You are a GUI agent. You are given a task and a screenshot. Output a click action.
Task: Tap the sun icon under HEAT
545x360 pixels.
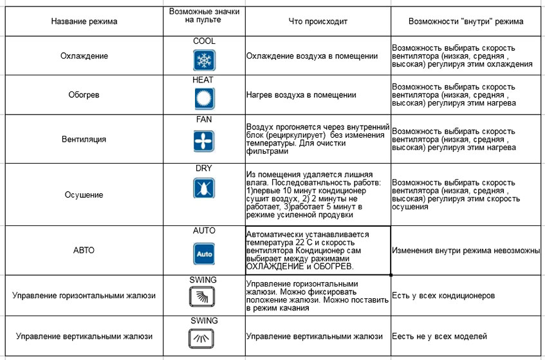204,99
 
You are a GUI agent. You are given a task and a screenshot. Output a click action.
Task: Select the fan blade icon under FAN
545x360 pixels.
204,140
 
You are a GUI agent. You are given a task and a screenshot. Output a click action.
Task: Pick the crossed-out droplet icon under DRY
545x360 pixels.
204,188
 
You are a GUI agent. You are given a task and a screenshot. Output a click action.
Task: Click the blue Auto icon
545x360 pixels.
204,254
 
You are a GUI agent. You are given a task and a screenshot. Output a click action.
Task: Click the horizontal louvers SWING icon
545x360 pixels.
204,296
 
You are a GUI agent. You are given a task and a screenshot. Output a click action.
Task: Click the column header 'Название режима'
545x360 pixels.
84,21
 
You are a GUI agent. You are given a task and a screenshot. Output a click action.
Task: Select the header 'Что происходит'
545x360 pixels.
318,21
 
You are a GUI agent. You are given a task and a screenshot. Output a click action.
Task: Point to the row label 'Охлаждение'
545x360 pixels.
85,56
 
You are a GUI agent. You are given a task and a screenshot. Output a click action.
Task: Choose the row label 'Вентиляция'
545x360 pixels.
85,138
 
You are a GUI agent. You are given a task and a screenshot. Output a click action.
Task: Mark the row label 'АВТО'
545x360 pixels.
84,250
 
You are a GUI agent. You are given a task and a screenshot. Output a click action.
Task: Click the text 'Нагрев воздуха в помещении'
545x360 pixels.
301,95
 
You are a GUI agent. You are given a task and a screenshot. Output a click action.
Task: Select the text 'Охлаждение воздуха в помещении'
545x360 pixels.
311,56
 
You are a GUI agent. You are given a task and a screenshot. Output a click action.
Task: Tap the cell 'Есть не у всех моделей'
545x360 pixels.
439,336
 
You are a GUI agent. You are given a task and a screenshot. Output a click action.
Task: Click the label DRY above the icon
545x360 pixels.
204,169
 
